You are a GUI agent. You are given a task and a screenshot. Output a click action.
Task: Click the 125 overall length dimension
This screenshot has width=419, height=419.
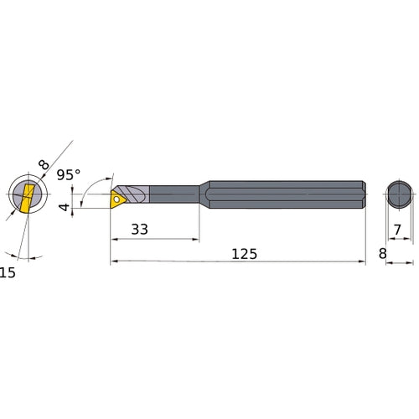245,254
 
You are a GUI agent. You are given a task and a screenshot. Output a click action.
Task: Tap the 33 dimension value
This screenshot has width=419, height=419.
139,230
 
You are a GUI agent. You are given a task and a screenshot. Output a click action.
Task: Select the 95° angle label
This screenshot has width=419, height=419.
69,175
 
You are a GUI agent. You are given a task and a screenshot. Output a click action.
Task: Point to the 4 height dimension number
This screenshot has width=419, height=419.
65,207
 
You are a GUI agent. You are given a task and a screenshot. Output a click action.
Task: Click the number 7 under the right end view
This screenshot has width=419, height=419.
397,230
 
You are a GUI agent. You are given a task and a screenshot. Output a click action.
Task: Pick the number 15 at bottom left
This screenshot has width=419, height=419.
8,272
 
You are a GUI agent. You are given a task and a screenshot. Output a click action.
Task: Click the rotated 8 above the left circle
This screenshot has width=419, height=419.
44,164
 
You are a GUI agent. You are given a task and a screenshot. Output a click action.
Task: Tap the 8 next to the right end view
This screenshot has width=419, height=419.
383,254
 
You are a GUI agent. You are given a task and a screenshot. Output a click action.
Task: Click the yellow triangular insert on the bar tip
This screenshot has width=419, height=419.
118,199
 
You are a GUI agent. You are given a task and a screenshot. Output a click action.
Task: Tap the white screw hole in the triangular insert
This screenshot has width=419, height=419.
116,199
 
